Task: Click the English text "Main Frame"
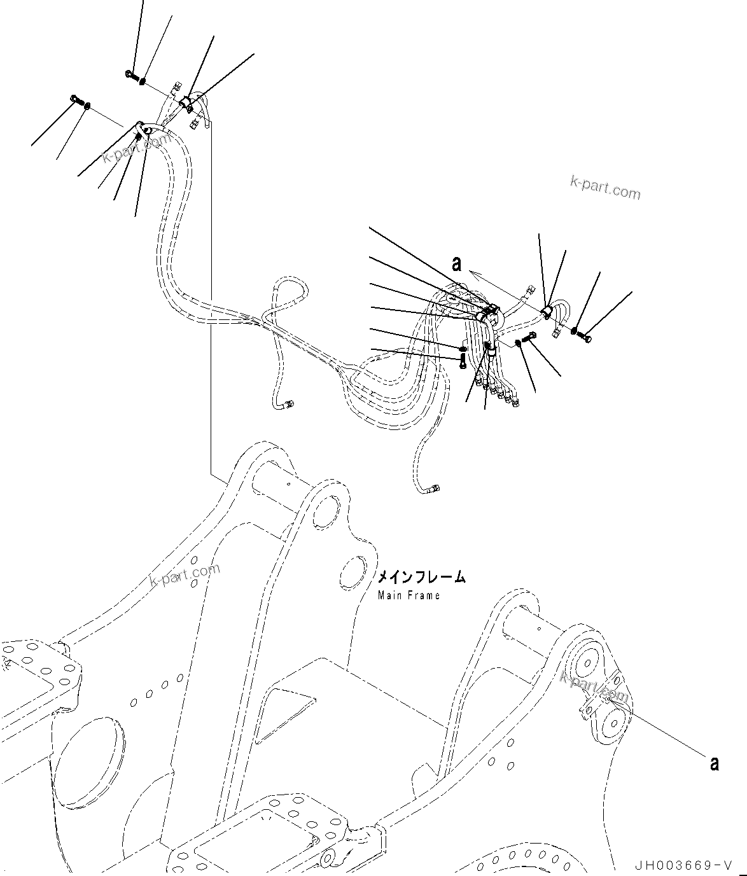click(408, 595)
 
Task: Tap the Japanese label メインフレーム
click(421, 577)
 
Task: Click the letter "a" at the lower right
click(714, 763)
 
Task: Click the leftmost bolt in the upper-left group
click(75, 99)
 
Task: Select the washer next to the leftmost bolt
click(87, 105)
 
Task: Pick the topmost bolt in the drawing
click(130, 75)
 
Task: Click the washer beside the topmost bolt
click(143, 81)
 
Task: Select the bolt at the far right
click(586, 338)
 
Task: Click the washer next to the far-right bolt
click(575, 331)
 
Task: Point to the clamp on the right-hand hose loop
click(547, 311)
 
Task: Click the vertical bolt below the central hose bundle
click(463, 362)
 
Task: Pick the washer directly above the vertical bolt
click(463, 349)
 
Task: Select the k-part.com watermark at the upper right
click(604, 187)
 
